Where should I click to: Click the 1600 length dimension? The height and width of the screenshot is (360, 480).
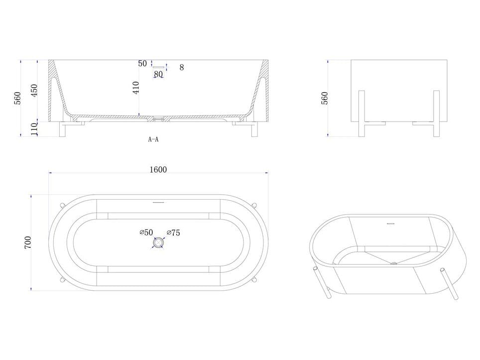(158, 169)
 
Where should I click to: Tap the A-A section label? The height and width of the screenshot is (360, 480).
(153, 139)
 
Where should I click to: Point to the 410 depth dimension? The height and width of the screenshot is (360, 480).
(136, 88)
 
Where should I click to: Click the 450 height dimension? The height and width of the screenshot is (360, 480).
(34, 90)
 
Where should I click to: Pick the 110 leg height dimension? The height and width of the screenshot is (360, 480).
(34, 128)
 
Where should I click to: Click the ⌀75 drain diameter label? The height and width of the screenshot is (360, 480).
(173, 232)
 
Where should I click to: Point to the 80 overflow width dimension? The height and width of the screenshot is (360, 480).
(158, 74)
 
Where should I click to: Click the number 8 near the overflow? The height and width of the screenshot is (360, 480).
(182, 67)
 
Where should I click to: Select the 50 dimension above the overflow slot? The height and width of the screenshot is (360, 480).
(142, 64)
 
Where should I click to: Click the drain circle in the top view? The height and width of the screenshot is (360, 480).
(158, 243)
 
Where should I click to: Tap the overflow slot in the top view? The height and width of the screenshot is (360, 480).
(158, 203)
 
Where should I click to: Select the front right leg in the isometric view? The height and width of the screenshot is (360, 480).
(452, 285)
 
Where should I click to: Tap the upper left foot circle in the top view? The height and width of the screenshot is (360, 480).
(62, 205)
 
